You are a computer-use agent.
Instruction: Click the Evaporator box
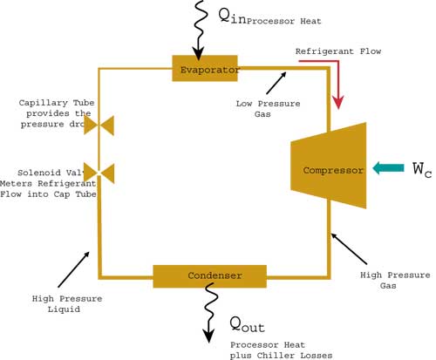205,68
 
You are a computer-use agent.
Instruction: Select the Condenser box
210,275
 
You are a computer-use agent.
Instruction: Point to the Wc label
421,169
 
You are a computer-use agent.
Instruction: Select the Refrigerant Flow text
337,51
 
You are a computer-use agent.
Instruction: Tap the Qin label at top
229,17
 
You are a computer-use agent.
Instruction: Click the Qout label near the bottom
246,325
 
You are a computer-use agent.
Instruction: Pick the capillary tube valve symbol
99,126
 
